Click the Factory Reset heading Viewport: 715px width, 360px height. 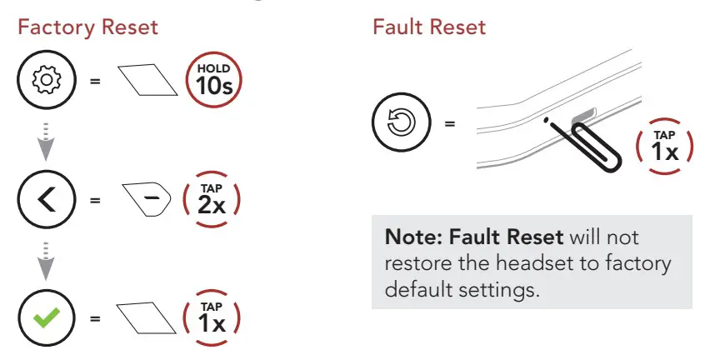pyautogui.click(x=87, y=27)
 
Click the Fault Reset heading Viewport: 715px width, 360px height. pyautogui.click(x=429, y=27)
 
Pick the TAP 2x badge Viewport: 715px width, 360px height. pyautogui.click(x=211, y=201)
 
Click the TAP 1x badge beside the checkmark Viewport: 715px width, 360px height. pyautogui.click(x=211, y=317)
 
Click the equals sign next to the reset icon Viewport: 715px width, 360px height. pyautogui.click(x=450, y=125)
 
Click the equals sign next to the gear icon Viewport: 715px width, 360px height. pyautogui.click(x=94, y=82)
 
